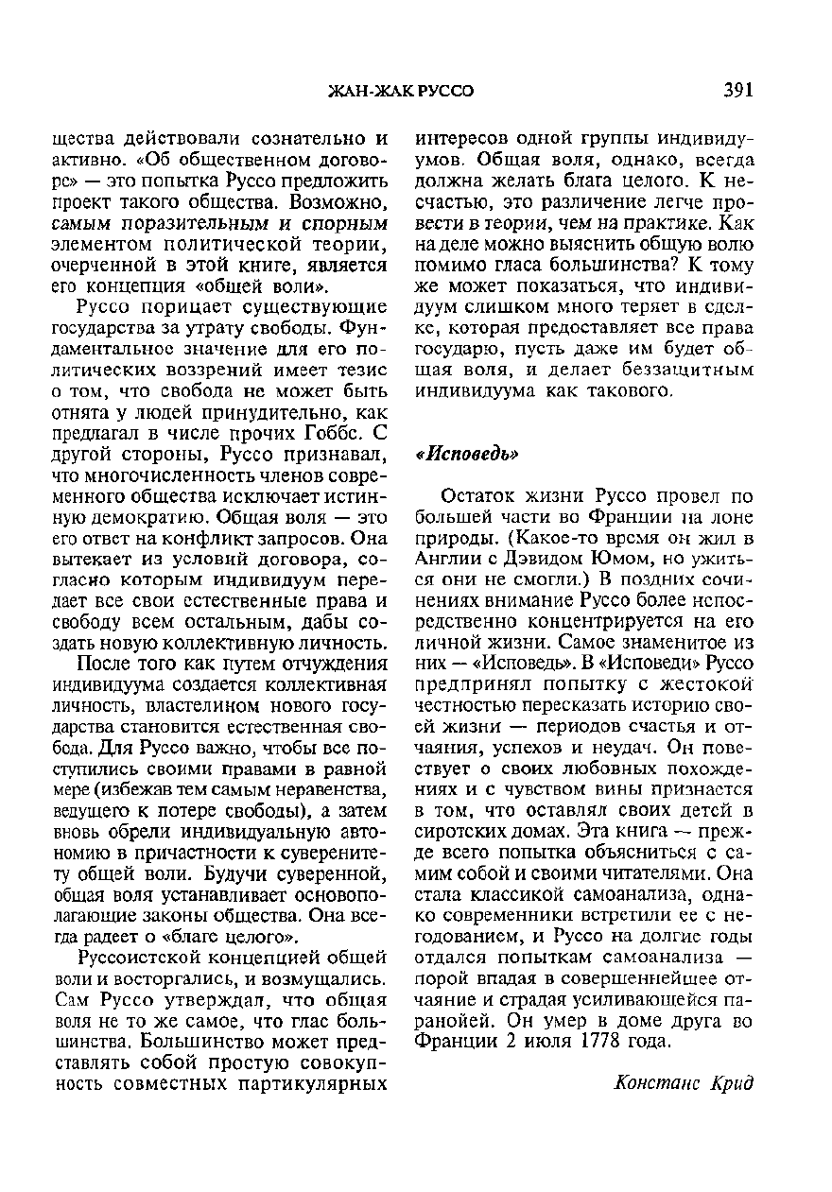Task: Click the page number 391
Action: click(737, 91)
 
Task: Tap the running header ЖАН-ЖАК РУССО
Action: click(400, 92)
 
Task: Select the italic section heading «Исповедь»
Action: click(469, 454)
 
